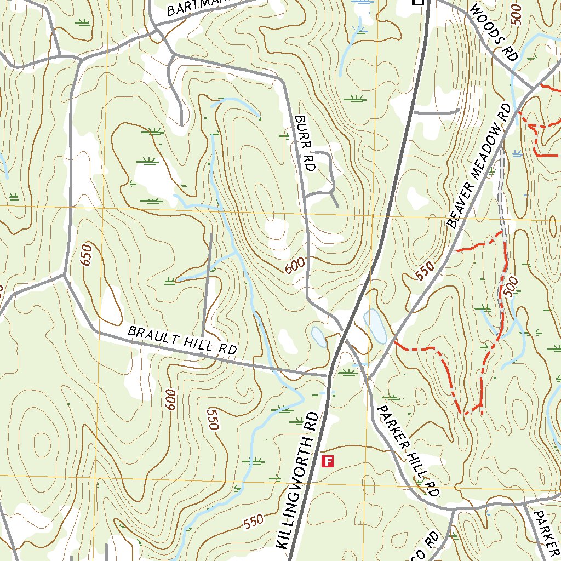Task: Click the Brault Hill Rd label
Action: (x=182, y=340)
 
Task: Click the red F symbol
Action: (x=328, y=461)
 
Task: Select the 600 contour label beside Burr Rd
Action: (x=294, y=266)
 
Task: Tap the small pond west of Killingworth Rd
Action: (x=318, y=336)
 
